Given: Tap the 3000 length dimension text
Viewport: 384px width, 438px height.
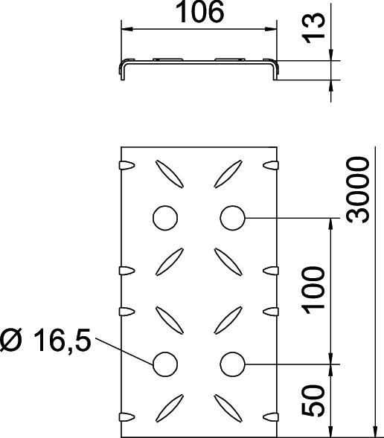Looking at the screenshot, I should point(359,190).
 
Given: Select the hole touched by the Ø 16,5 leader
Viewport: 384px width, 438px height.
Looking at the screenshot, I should point(165,364).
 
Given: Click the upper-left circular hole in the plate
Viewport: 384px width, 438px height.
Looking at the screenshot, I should point(165,217).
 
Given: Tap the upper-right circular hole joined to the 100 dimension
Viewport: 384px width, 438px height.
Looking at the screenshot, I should point(232,217).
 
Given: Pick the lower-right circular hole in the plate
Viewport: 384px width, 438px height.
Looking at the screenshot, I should point(232,364).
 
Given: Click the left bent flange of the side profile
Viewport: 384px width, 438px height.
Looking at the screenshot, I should point(122,70).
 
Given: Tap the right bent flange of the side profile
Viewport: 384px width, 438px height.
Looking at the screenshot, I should point(276,70).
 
